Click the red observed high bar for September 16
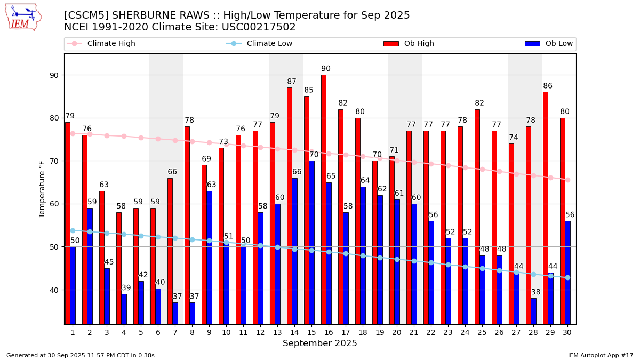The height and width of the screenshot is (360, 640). pos(324,199)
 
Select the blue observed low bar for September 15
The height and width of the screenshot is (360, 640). pos(311,242)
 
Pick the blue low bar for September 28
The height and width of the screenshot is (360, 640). pos(533,311)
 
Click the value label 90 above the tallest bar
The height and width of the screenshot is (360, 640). pos(326,69)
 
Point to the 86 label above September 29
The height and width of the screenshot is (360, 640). pos(548,86)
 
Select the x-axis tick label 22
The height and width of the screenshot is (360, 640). pos(431,332)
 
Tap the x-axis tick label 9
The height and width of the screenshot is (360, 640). pos(209,332)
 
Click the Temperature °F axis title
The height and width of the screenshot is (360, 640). pos(42,189)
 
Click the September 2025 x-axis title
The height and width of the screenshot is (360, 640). pos(320,343)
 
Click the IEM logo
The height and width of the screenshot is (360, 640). pos(23,17)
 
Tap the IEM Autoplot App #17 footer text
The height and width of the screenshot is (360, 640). pos(600,355)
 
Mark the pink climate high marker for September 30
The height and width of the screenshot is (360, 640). pos(567,180)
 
